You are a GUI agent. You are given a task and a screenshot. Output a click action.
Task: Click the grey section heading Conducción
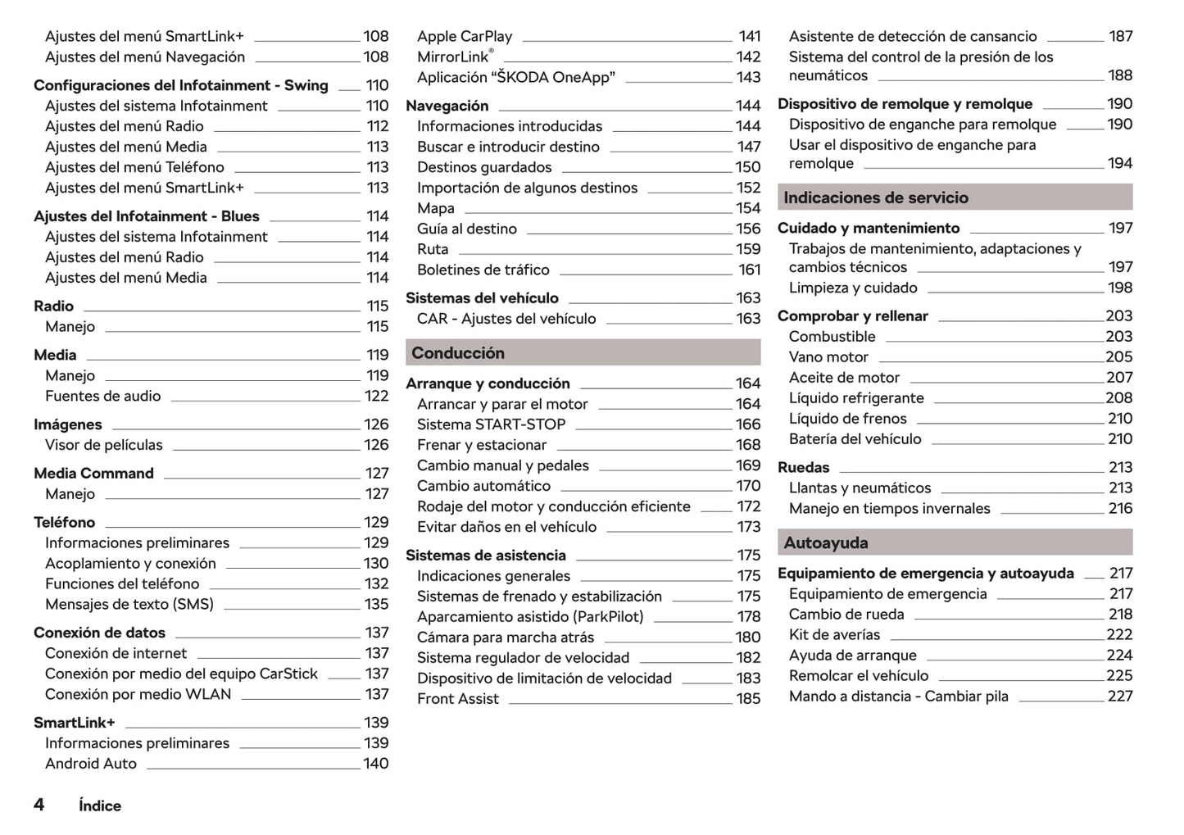pos(458,353)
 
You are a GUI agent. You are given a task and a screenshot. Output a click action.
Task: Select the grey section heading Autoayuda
pos(825,542)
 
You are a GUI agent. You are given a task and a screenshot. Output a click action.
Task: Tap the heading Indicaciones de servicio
pos(875,197)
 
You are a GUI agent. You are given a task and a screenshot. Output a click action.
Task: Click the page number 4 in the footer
pos(39,804)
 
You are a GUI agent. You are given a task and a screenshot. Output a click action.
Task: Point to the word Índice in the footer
pos(100,806)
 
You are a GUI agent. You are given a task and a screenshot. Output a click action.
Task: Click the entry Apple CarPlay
pos(464,36)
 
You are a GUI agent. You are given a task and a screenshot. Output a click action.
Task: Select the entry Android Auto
pos(91,763)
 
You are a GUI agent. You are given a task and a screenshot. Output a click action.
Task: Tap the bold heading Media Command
pos(93,473)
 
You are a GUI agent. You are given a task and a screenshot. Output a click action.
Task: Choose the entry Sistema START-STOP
pos(491,424)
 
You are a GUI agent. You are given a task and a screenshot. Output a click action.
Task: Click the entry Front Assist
pos(457,698)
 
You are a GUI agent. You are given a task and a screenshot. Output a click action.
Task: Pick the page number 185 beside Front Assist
pos(748,698)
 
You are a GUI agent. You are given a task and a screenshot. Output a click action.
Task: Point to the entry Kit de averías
pos(834,634)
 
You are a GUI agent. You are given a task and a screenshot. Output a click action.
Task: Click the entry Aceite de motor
pos(844,377)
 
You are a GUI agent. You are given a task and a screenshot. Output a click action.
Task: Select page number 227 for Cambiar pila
pos(1119,696)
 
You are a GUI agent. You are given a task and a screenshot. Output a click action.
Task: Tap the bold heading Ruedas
pos(803,467)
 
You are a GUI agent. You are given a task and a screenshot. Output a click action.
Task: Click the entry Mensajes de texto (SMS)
pos(129,604)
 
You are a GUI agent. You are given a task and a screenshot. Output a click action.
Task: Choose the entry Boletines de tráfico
pos(483,270)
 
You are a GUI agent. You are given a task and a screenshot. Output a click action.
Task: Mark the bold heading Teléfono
pos(64,522)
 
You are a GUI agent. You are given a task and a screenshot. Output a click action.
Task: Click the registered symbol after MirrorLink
pos(491,51)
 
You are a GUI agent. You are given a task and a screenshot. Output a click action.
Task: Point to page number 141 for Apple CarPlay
pos(749,36)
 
